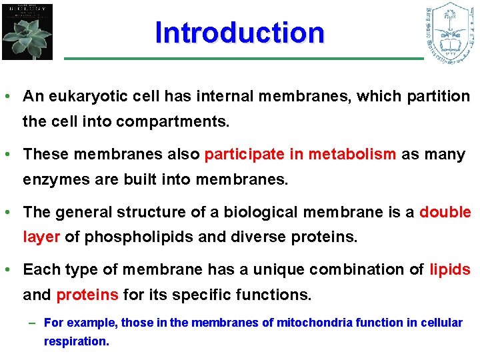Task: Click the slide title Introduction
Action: tap(239, 32)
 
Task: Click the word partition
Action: tap(442, 96)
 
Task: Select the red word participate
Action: tap(245, 154)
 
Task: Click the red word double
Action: tap(445, 212)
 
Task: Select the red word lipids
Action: tap(450, 269)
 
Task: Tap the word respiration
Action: tap(75, 341)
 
